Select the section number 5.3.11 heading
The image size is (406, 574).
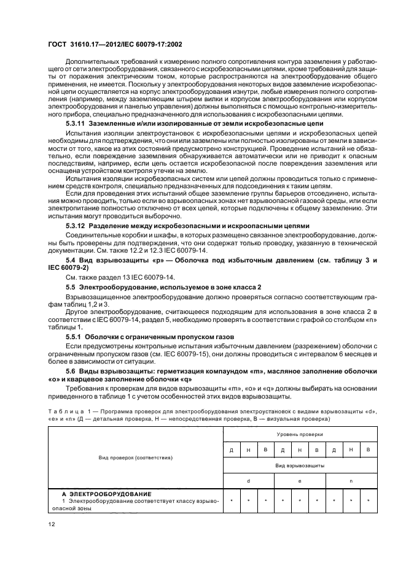tap(76, 124)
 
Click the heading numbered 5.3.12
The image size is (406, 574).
tap(77, 226)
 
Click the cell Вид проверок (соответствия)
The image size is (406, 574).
tap(136, 457)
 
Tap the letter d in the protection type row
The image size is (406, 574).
tap(248, 481)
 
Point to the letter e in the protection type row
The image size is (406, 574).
tap(299, 481)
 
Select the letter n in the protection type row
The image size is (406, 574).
tap(350, 481)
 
